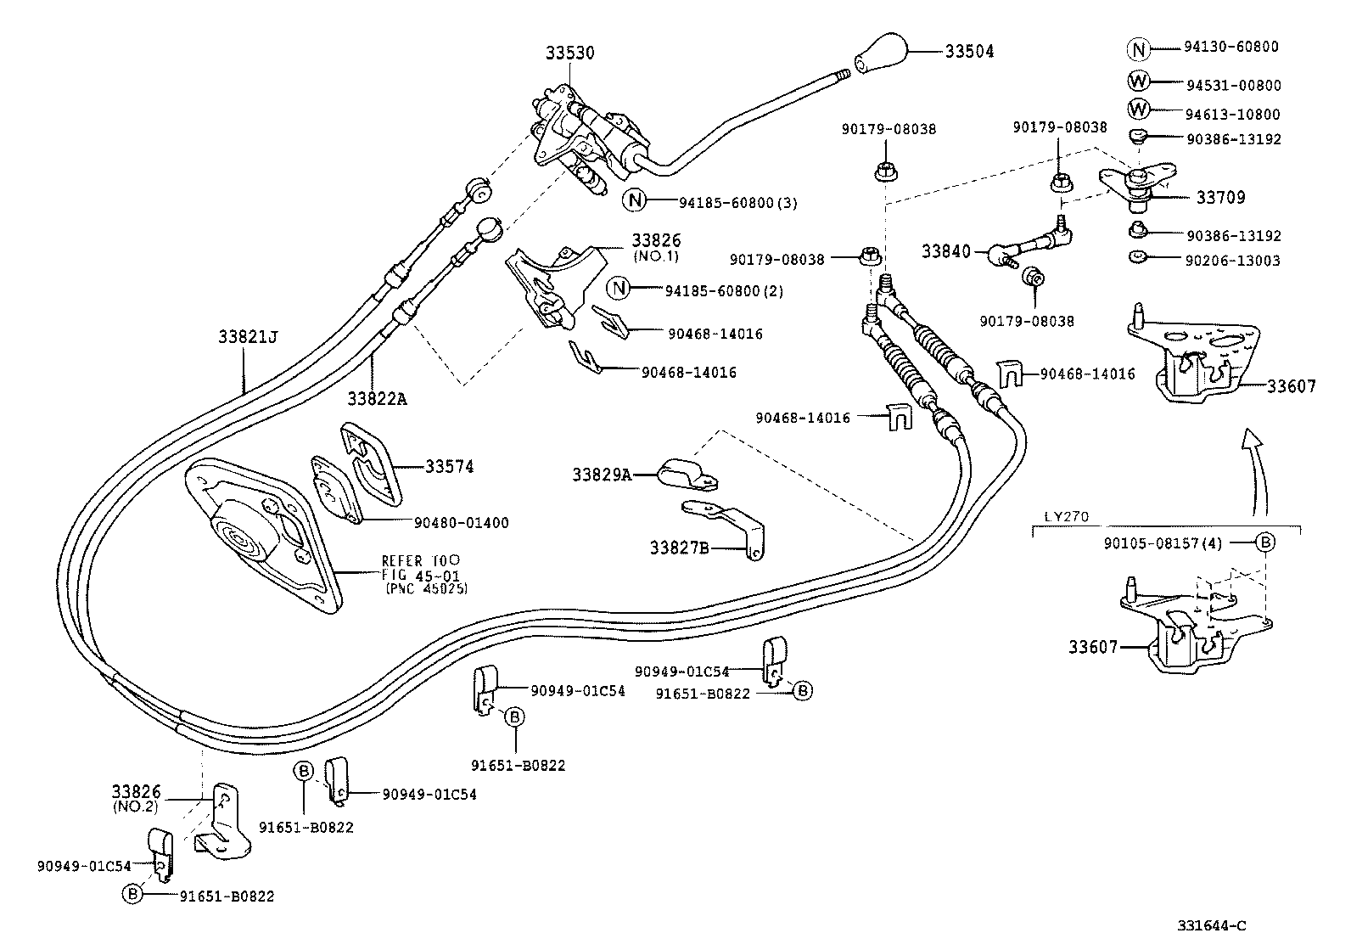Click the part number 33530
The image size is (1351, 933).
569,53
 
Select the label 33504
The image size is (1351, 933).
969,52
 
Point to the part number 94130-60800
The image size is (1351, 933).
1231,48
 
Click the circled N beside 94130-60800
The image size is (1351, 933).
1139,48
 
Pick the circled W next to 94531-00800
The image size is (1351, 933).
1139,81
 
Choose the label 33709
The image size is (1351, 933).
1220,198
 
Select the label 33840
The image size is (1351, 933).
946,251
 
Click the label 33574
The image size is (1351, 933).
450,466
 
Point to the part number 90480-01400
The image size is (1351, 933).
462,523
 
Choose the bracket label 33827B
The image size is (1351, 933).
679,548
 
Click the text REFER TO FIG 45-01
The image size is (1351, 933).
420,568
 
